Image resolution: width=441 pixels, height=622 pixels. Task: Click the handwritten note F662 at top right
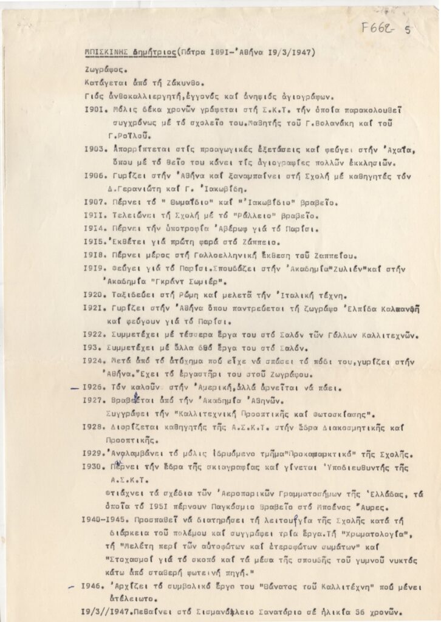pos(381,28)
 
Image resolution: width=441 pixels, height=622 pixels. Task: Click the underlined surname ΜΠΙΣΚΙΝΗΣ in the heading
pos(106,53)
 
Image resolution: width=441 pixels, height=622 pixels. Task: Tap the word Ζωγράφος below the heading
pos(105,70)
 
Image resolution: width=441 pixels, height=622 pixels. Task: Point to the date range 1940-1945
pos(103,521)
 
